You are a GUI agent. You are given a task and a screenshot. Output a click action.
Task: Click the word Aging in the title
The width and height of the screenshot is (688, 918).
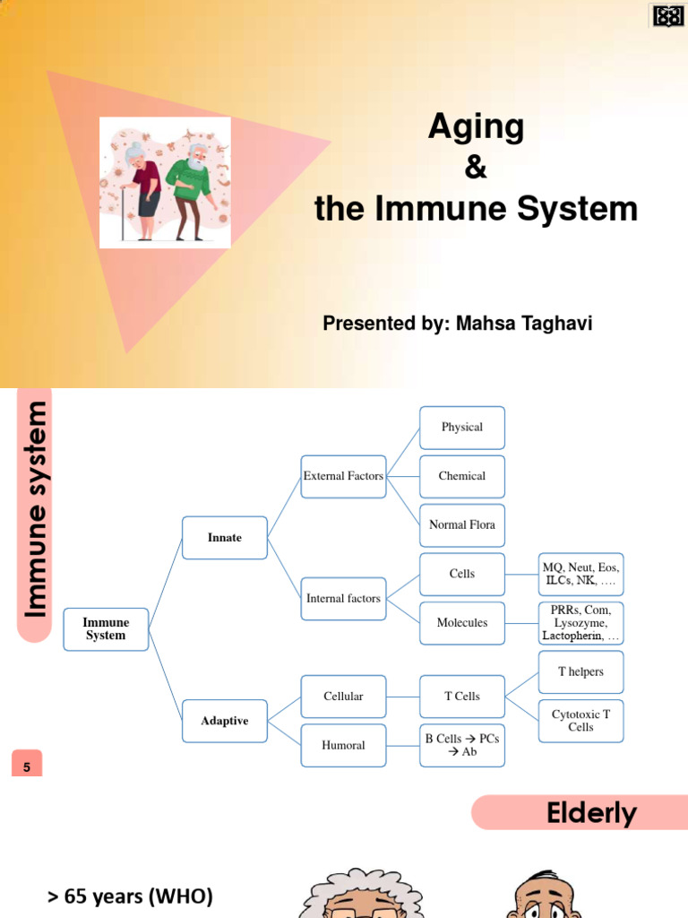(x=476, y=127)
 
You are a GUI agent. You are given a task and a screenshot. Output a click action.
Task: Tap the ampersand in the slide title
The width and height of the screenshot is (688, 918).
(x=476, y=168)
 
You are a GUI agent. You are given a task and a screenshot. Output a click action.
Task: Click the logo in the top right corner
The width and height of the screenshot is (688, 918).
(x=668, y=15)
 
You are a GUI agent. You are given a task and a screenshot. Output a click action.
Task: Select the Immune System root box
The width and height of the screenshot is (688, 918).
(x=106, y=628)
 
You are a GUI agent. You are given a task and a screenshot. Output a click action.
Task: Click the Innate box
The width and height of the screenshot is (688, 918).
(x=224, y=538)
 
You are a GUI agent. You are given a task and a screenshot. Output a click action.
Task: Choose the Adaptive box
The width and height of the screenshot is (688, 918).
(x=224, y=721)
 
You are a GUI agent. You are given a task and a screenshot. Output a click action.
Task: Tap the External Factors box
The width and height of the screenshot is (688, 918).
(x=343, y=476)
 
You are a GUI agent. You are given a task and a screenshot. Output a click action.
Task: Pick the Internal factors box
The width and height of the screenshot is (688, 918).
(x=343, y=598)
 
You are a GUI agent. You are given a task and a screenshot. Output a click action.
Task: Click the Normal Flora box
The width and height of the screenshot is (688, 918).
(x=462, y=524)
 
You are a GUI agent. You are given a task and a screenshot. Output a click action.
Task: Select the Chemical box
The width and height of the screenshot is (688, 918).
(x=462, y=476)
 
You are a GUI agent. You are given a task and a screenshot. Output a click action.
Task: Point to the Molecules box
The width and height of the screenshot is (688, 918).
(x=462, y=622)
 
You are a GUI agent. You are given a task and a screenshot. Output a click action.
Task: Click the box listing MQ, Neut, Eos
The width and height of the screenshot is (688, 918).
(x=580, y=574)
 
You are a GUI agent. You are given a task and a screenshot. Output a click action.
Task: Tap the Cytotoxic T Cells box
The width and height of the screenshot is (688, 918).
(x=580, y=720)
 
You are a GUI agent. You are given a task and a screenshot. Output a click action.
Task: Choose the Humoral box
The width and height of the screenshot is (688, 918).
(x=343, y=745)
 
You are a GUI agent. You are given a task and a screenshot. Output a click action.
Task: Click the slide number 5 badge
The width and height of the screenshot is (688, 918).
(x=27, y=766)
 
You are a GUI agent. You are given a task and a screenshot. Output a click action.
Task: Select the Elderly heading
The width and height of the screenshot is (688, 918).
(x=591, y=813)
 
